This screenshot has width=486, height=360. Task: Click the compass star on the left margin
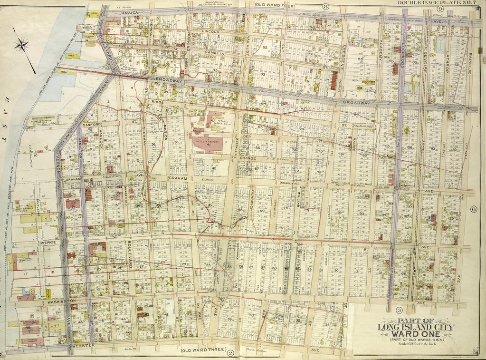[21, 45]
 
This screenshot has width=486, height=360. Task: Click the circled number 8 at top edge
[325, 6]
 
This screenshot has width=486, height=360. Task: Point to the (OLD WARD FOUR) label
[276, 6]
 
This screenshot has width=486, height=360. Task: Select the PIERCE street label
[48, 243]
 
